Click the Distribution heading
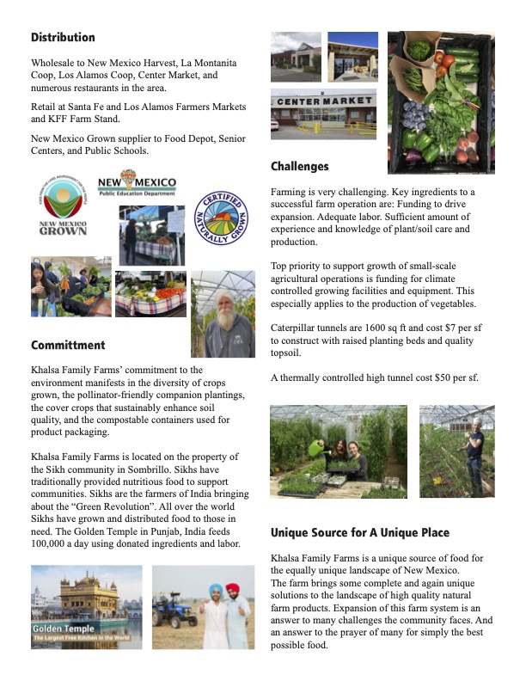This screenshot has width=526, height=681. (63, 38)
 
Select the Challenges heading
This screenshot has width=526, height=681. (299, 166)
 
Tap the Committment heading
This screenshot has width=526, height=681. (68, 346)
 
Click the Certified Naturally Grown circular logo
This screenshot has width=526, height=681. (223, 219)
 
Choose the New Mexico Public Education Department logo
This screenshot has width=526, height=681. (137, 187)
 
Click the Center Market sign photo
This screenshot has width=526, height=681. (324, 113)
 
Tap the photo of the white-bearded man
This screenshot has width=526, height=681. (222, 314)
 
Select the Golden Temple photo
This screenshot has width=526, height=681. (86, 607)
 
